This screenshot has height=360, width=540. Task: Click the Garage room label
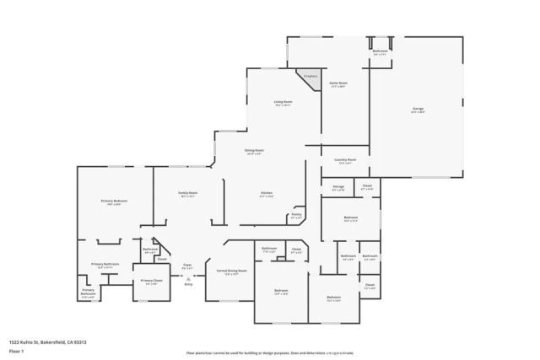pyautogui.click(x=418, y=110)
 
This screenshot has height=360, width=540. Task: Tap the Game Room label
pyautogui.click(x=338, y=83)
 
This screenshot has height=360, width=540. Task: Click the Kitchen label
pyautogui.click(x=266, y=194)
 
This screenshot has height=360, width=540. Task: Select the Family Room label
pyautogui.click(x=187, y=194)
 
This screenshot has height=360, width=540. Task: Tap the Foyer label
pyautogui.click(x=187, y=266)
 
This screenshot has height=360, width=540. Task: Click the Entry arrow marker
pyautogui.click(x=188, y=279)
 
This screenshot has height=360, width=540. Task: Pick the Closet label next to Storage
pyautogui.click(x=367, y=187)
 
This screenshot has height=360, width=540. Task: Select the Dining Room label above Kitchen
pyautogui.click(x=254, y=152)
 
